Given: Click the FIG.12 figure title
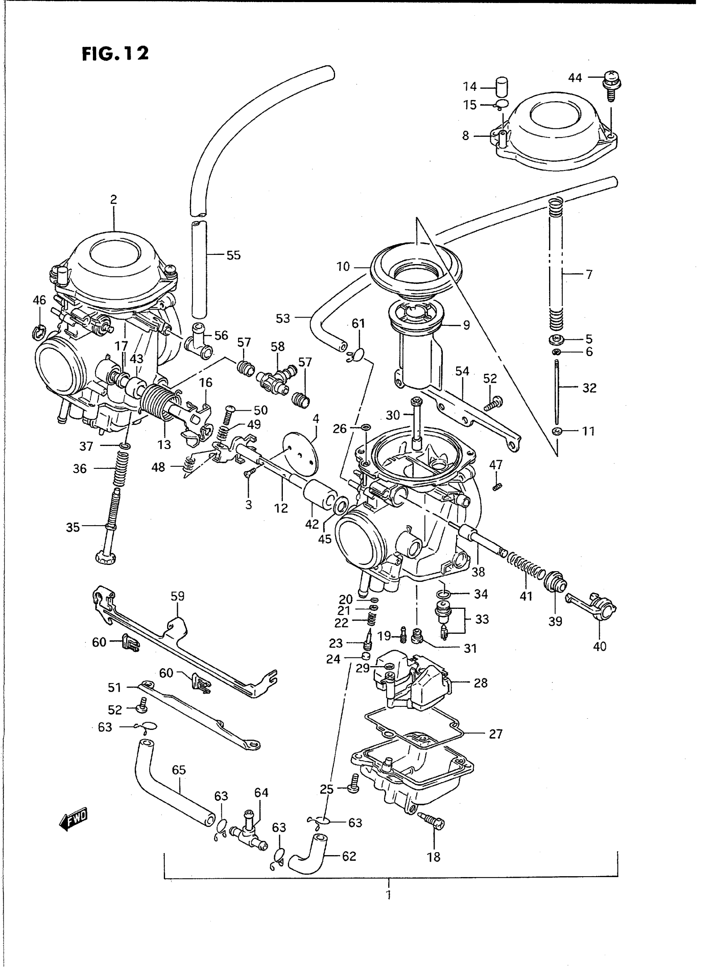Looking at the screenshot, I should click(115, 53).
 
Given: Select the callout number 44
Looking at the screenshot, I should click(575, 78).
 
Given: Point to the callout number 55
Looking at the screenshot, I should click(233, 255).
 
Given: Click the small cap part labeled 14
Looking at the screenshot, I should click(502, 87).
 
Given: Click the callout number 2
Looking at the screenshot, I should click(114, 200).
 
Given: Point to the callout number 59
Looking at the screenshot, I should click(177, 596).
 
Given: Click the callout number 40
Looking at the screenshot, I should click(600, 646).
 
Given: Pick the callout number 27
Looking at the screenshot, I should click(496, 734).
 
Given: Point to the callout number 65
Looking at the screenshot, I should click(179, 770).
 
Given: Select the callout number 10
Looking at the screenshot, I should click(343, 267).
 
